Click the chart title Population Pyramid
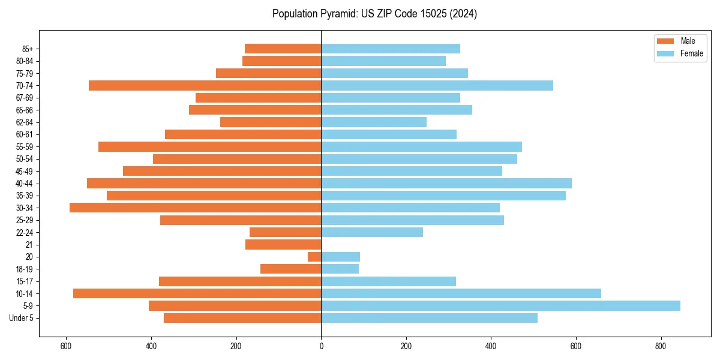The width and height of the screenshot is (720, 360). (x=374, y=14)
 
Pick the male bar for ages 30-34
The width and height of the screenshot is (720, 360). (x=195, y=208)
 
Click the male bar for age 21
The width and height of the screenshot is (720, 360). (x=283, y=245)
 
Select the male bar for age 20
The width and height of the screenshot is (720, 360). (x=314, y=257)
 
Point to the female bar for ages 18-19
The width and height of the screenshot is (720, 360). (x=340, y=269)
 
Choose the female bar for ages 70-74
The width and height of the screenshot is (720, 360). (x=437, y=85)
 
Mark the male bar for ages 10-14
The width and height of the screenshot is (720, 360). (x=197, y=293)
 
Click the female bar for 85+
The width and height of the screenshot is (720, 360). (x=391, y=49)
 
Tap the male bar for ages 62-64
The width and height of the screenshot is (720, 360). (x=271, y=122)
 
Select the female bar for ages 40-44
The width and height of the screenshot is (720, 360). (x=446, y=183)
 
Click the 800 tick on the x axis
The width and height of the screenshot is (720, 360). (x=661, y=346)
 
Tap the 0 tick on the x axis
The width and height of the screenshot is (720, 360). (x=321, y=346)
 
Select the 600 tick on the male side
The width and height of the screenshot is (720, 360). (x=66, y=346)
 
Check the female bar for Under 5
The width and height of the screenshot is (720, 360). (x=429, y=318)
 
